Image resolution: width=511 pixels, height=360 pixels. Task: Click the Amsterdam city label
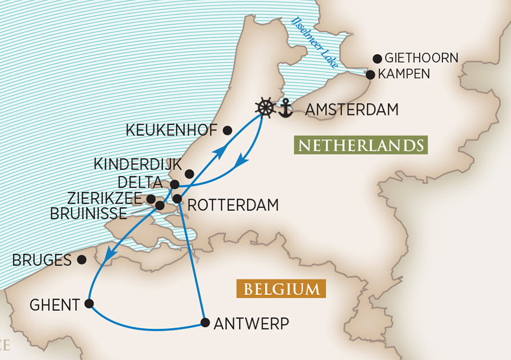[x=352, y=110]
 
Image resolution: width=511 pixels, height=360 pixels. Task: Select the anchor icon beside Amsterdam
[x=285, y=108]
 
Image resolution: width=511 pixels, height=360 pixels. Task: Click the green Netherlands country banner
[x=361, y=145]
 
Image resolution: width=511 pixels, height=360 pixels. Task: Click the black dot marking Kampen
[x=370, y=75]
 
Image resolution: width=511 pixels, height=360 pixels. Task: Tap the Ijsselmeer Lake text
[x=315, y=43]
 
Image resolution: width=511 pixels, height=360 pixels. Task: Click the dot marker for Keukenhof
[x=227, y=131]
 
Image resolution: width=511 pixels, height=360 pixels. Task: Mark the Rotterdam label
[x=233, y=205]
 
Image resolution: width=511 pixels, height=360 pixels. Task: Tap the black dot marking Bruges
[x=82, y=260]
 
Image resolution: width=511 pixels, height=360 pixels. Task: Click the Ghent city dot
[x=89, y=304]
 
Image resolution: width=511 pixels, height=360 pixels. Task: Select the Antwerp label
[x=251, y=323]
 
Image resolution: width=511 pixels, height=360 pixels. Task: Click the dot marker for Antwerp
[x=205, y=323]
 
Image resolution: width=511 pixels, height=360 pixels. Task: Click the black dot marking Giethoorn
[x=377, y=58]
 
